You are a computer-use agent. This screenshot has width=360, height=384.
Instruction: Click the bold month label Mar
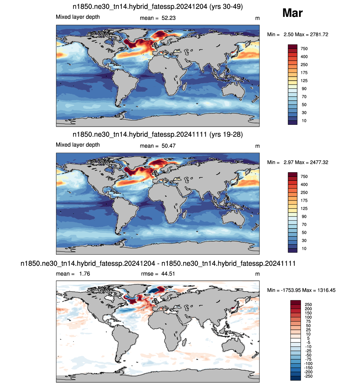tap(292, 13)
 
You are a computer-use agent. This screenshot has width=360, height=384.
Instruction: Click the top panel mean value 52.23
tap(168, 18)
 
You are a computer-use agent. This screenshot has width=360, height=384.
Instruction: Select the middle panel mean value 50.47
tap(168, 146)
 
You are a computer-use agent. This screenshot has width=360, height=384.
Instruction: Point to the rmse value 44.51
tap(168, 274)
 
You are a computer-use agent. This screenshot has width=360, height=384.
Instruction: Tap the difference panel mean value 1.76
tap(85, 274)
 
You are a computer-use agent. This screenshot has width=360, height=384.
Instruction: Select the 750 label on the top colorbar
tap(304, 49)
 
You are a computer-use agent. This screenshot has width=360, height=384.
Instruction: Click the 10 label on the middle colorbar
tap(304, 249)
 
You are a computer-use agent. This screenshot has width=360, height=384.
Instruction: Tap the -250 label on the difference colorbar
tap(308, 376)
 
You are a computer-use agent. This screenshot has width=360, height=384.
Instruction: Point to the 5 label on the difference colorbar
tap(308, 338)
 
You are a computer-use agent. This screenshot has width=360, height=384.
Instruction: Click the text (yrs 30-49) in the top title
tap(226, 6)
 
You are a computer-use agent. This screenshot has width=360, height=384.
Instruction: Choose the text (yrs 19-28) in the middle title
tap(226, 134)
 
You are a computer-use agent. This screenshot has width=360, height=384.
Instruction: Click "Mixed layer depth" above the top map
tap(78, 17)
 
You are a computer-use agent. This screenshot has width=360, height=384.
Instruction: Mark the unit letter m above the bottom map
tap(257, 274)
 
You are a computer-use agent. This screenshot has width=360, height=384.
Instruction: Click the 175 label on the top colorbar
tap(304, 73)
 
